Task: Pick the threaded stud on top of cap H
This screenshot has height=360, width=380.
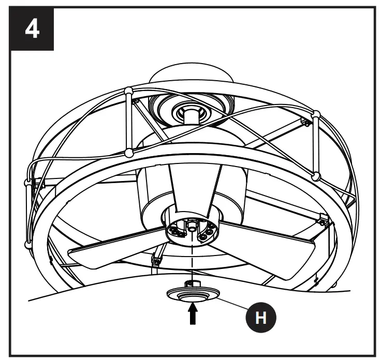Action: click(x=193, y=283)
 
